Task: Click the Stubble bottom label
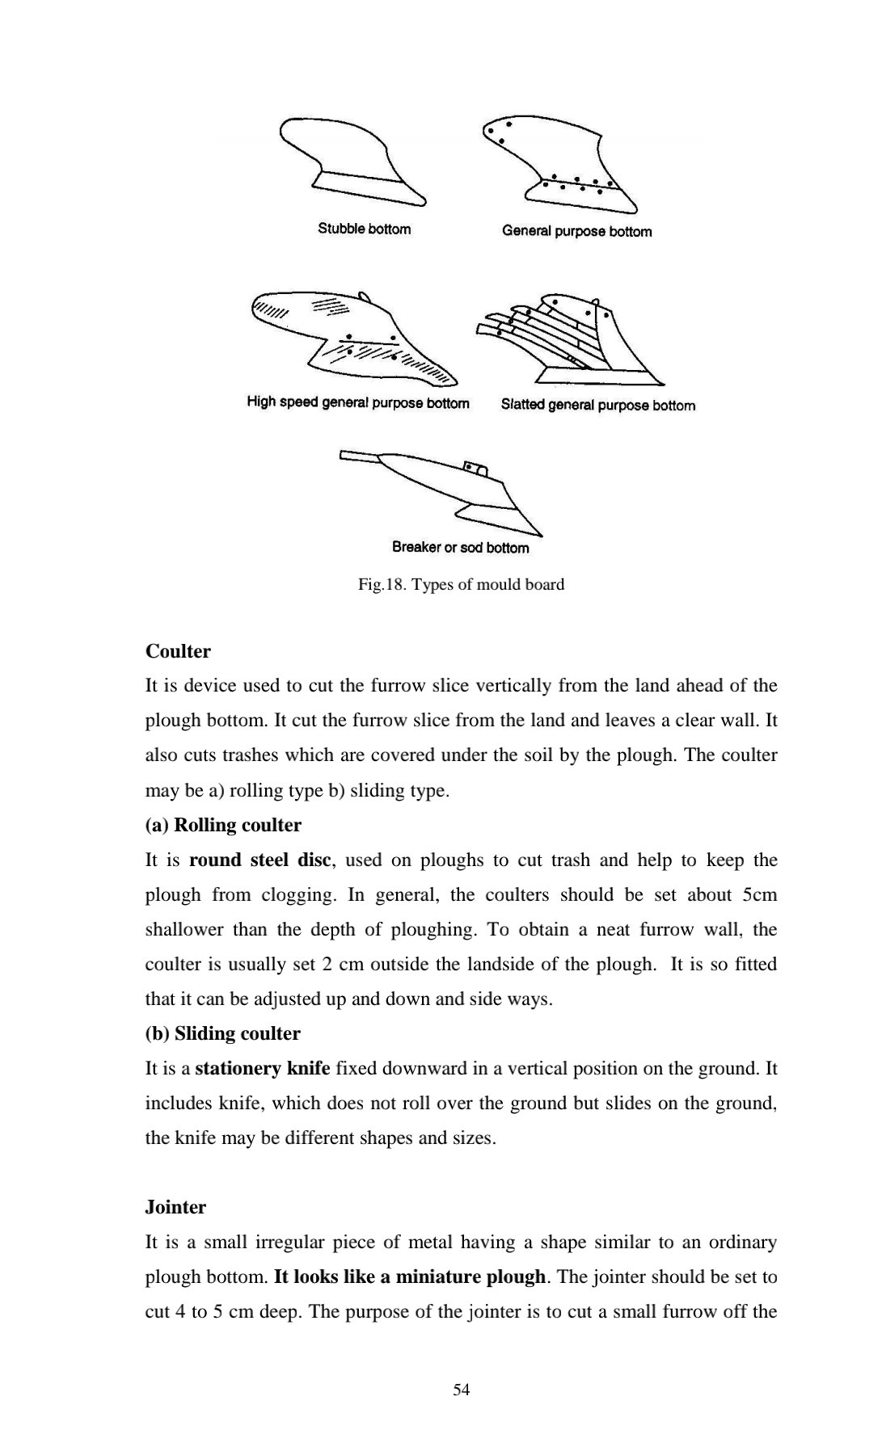coord(364,229)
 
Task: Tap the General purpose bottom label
coord(576,231)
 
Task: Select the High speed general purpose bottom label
coord(358,402)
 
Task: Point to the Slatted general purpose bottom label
coord(597,405)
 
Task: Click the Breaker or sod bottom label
coord(460,547)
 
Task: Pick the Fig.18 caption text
coord(461,584)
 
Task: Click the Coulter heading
coord(178,651)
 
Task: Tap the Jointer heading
coord(175,1207)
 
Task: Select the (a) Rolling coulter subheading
coord(223,825)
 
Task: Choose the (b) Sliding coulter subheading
coord(222,1033)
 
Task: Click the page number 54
coord(462,1389)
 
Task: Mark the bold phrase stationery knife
coord(263,1068)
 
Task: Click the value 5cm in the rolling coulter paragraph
coord(758,894)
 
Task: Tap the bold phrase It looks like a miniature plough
coord(410,1276)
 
